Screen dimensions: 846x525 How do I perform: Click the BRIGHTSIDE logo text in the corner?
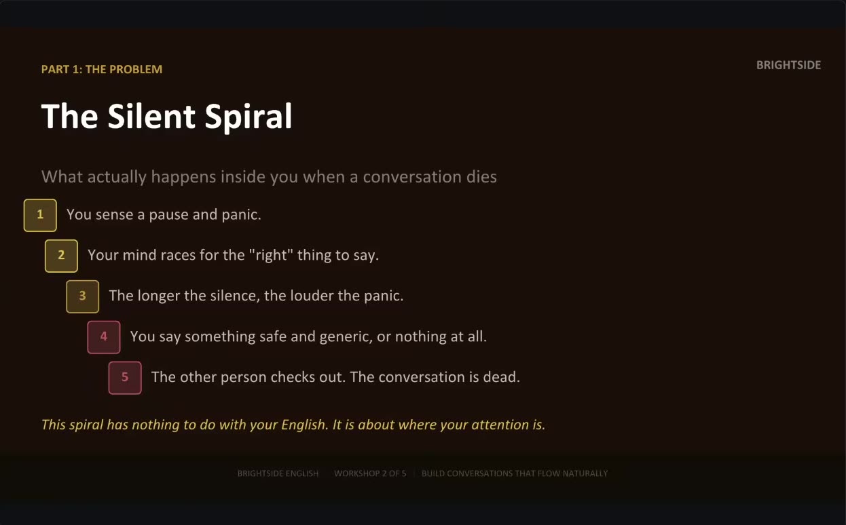click(788, 65)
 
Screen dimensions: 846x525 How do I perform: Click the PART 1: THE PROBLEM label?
click(102, 69)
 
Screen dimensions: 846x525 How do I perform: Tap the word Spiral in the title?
click(248, 117)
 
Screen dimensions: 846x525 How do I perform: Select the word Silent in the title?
click(151, 116)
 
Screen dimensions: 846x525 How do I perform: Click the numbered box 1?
click(40, 215)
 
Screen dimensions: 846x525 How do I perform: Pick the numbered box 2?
click(61, 256)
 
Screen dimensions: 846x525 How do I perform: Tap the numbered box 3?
click(82, 296)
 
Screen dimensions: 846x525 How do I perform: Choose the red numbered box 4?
click(104, 337)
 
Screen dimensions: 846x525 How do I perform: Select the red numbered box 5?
click(125, 378)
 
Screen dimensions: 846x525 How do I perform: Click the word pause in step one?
click(168, 215)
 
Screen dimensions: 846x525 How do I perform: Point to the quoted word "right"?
click(271, 256)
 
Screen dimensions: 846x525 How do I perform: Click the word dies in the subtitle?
click(481, 177)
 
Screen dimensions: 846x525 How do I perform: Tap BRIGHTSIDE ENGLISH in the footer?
click(278, 473)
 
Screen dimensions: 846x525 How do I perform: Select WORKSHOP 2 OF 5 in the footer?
click(370, 473)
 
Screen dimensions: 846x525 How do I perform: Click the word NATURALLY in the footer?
click(585, 473)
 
